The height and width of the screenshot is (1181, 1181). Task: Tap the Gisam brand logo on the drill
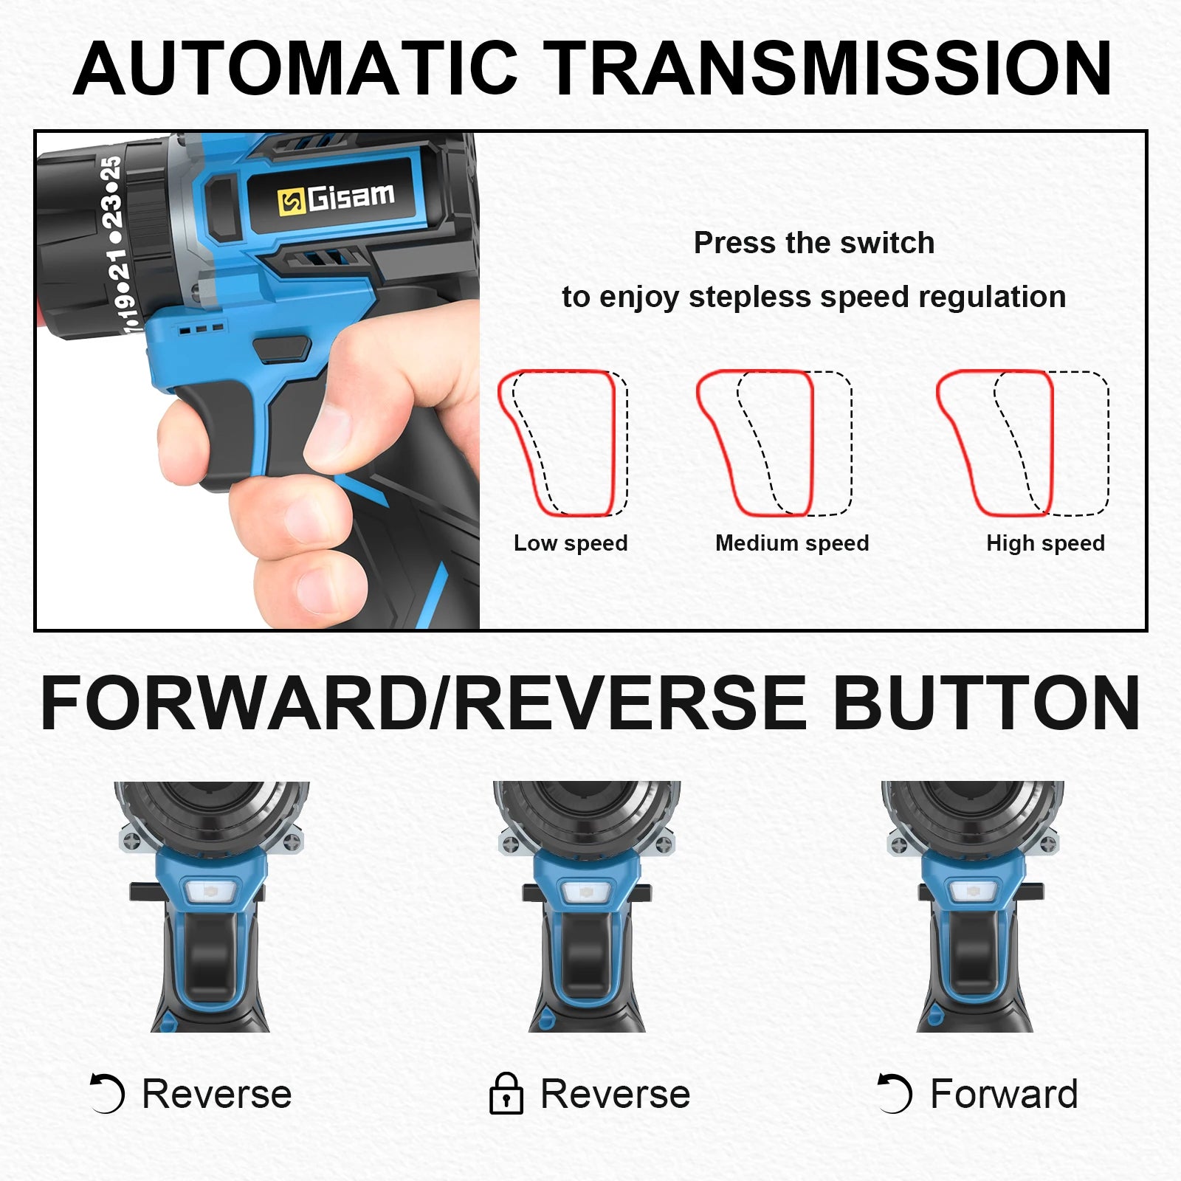point(336,199)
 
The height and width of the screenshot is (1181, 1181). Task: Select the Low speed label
point(571,543)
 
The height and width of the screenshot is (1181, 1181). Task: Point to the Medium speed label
point(792,543)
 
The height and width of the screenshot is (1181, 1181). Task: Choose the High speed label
point(1045,543)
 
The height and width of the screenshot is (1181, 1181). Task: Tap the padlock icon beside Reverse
point(506,1093)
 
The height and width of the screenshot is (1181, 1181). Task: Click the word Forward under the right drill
point(1004,1093)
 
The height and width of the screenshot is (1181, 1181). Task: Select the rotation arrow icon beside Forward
point(895,1093)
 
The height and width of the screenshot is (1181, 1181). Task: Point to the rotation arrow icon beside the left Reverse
point(106,1093)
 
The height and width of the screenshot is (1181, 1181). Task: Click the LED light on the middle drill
point(586,892)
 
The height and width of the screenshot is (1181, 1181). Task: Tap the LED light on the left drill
point(211,892)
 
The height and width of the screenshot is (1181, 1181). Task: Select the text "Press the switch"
point(813,243)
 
